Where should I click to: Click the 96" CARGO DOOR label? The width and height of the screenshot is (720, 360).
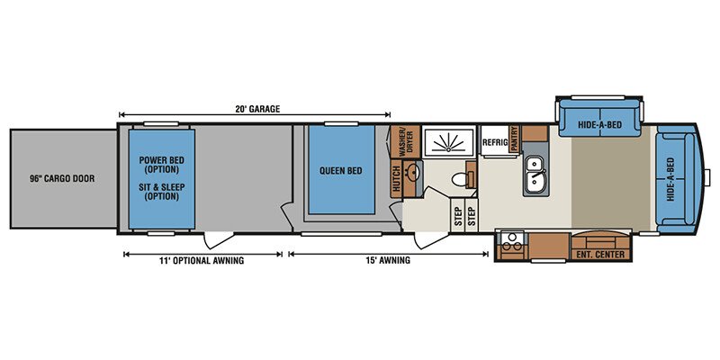pos(62,178)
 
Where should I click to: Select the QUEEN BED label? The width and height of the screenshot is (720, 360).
pos(341,171)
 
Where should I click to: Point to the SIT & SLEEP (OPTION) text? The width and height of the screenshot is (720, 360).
pos(159,192)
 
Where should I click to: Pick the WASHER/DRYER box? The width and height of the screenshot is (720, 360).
pos(405,141)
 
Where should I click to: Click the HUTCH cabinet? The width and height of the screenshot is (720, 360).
pos(396,178)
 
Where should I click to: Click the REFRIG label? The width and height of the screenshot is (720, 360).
pos(495,142)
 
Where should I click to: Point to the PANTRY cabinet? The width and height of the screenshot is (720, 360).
pos(514,139)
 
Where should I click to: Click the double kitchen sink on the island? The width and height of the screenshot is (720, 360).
pos(535,175)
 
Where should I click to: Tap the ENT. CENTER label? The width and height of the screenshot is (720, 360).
pos(600,255)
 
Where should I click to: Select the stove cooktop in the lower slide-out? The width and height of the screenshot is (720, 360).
pos(511,242)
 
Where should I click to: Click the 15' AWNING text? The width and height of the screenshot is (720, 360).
pos(388,261)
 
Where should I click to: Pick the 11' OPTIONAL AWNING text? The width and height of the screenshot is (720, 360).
pos(202,261)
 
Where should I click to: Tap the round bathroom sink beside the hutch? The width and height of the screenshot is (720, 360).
pos(412,173)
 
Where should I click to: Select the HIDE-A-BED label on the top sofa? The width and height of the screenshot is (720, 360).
pos(599,124)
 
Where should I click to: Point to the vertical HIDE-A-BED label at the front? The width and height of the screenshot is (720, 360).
pos(670,179)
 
